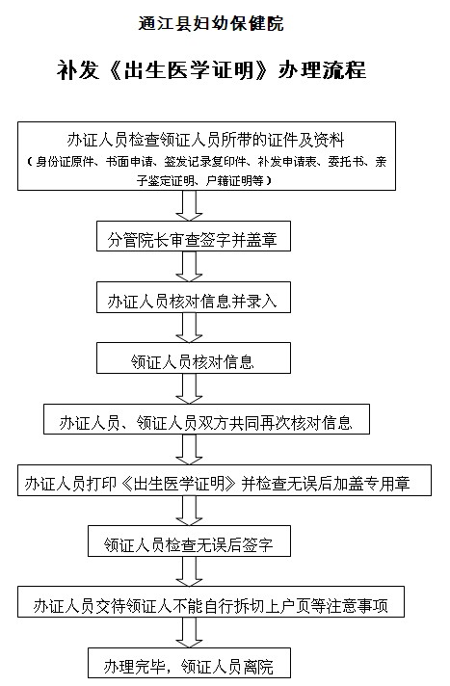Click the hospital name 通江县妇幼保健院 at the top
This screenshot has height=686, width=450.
point(211,23)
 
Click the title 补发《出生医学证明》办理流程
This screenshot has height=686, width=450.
point(211,70)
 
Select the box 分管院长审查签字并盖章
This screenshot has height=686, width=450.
point(194,236)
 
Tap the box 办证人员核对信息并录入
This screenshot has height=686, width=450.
point(194,297)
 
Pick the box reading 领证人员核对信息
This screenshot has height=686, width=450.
point(194,357)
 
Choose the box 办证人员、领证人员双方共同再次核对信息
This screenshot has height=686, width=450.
point(206,419)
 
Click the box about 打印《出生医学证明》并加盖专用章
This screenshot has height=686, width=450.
point(225,480)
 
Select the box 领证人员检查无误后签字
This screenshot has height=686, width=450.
point(189,541)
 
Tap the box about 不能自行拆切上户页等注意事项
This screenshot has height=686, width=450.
point(211,602)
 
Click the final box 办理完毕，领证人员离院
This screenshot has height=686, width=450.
point(189,663)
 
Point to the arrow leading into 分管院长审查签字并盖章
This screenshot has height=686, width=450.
point(189,205)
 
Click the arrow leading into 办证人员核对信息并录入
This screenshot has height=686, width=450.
point(189,267)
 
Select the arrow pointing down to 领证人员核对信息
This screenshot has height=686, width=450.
point(189,328)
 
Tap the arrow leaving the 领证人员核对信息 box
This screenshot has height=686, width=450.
point(189,388)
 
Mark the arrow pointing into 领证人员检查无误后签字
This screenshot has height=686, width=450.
point(189,511)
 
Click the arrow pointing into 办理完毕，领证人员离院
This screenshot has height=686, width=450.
point(189,633)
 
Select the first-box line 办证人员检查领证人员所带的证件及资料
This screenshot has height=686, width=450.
point(206,140)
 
